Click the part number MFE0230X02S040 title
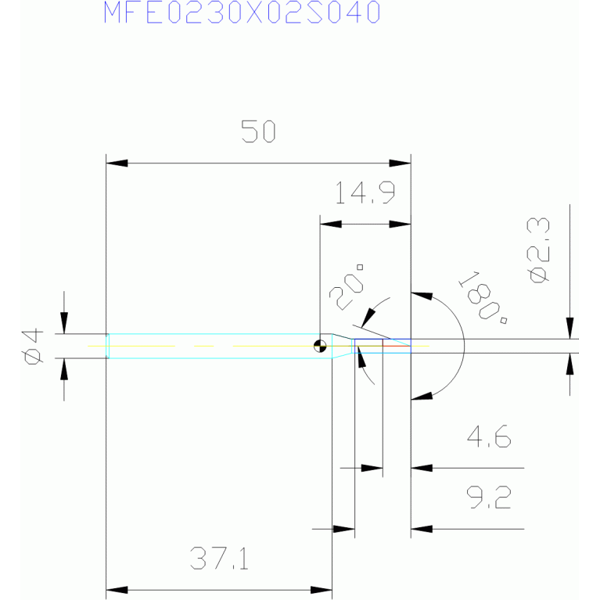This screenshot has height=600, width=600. (242, 13)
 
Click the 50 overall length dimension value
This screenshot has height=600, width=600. (258, 131)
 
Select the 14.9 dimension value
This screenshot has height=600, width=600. (365, 192)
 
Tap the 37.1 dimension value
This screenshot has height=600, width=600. (219, 559)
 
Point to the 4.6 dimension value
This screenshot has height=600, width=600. (489, 436)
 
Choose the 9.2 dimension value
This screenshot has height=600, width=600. (489, 497)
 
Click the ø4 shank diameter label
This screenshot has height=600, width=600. (33, 346)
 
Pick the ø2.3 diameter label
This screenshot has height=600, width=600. (538, 250)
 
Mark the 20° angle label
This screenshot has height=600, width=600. (347, 287)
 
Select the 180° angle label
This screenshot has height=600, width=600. (483, 298)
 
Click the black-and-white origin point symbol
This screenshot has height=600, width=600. (320, 346)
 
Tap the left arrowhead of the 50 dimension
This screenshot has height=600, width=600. (117, 163)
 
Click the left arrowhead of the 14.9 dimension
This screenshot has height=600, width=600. (331, 225)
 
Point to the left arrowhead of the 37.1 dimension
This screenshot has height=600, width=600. (117, 590)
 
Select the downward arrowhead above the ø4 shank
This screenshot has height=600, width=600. (64, 323)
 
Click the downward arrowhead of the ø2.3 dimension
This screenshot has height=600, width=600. (569, 328)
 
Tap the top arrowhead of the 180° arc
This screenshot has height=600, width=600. (422, 296)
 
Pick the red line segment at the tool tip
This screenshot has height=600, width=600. (397, 346)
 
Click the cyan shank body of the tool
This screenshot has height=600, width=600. (220, 346)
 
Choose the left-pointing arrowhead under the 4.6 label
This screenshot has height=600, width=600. (422, 468)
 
